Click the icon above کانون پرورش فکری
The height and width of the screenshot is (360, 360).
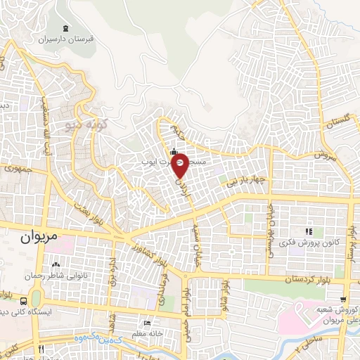coord(307,231)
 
